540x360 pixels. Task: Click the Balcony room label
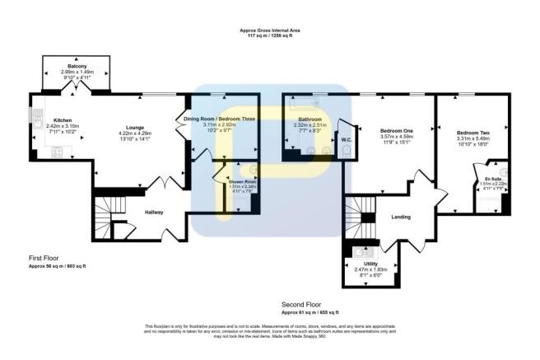coord(77,65)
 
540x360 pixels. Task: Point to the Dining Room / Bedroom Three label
coord(220,119)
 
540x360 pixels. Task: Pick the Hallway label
coord(154,212)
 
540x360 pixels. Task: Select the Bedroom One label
coord(397,131)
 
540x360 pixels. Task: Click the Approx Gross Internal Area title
coord(268,30)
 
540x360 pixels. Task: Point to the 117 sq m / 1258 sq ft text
coord(268,36)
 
